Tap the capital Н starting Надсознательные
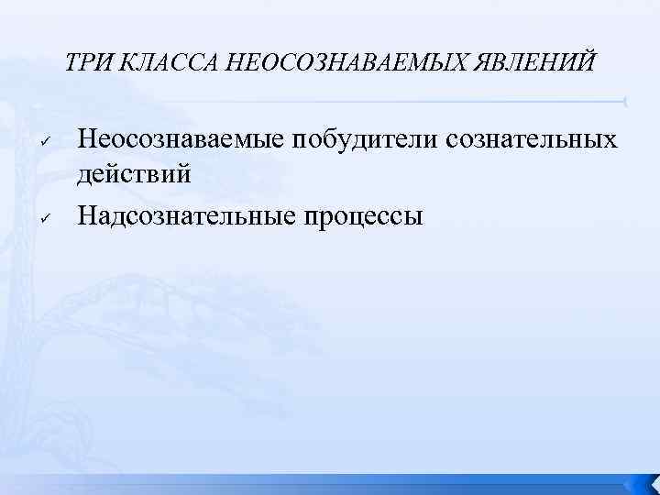pos(88,216)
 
